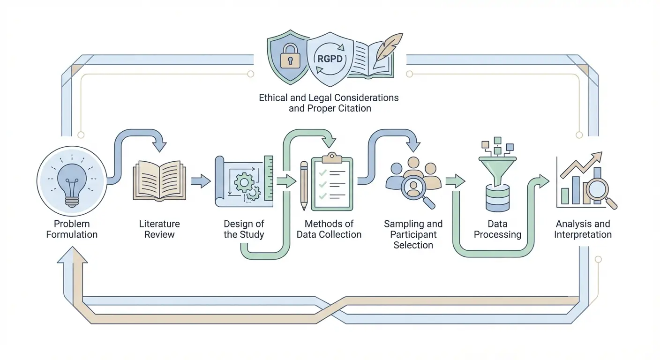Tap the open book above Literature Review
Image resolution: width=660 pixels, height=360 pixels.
click(x=159, y=181)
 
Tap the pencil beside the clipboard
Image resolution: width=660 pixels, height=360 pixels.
click(x=304, y=186)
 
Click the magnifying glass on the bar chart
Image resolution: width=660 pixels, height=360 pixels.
click(x=599, y=190)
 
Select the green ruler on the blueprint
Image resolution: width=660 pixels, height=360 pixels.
click(x=269, y=178)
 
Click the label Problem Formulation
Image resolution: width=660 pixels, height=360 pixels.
click(x=71, y=229)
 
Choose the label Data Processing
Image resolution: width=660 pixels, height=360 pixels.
click(x=497, y=229)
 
